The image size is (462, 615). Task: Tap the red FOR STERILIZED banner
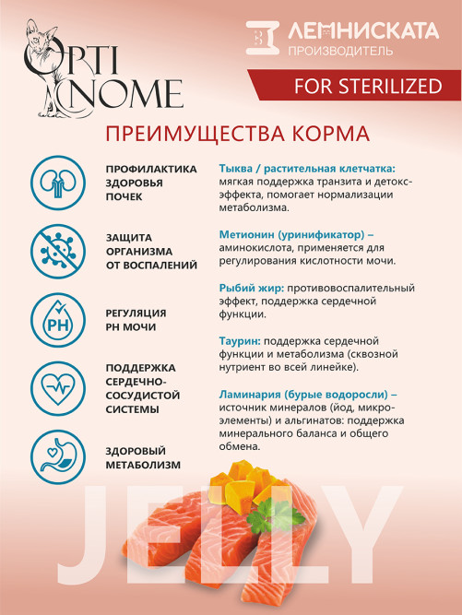pyautogui.click(x=354, y=86)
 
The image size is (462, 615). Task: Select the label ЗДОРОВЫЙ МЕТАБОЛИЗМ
pyautogui.click(x=143, y=458)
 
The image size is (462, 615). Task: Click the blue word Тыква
pyautogui.click(x=239, y=169)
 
